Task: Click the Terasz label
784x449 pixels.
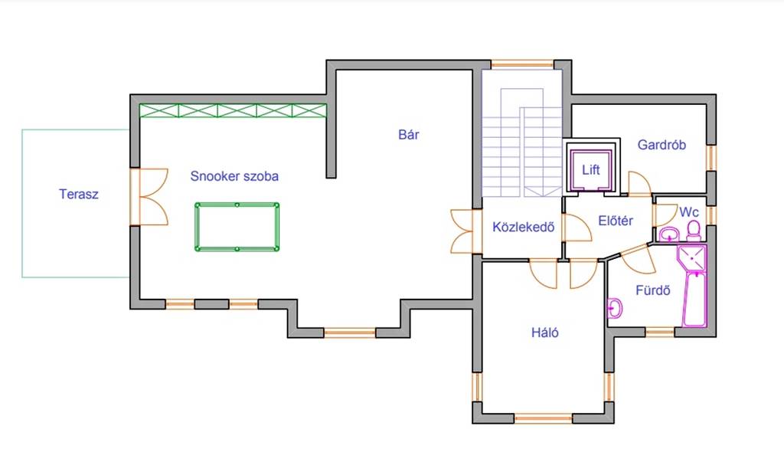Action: [79, 194]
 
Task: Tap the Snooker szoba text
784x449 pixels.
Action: [234, 176]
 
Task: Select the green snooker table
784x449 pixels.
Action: [237, 227]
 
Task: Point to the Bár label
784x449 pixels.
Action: [409, 135]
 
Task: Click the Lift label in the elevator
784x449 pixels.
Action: [590, 170]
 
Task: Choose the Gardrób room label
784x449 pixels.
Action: [661, 145]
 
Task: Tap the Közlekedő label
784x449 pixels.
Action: [524, 228]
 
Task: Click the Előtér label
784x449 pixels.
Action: [616, 221]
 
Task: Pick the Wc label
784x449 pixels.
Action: [688, 212]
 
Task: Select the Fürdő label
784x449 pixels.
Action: [652, 290]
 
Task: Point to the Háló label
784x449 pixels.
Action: [545, 333]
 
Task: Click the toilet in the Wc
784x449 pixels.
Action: [694, 231]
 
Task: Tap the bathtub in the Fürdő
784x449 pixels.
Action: [694, 300]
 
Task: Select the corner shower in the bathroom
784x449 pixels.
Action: [691, 257]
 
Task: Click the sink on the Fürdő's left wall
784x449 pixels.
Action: [615, 308]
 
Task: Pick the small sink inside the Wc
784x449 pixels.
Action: [668, 234]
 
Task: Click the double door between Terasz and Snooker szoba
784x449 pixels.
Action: [149, 197]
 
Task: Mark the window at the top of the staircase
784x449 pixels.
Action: [522, 64]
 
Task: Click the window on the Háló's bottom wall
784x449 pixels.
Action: [543, 418]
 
